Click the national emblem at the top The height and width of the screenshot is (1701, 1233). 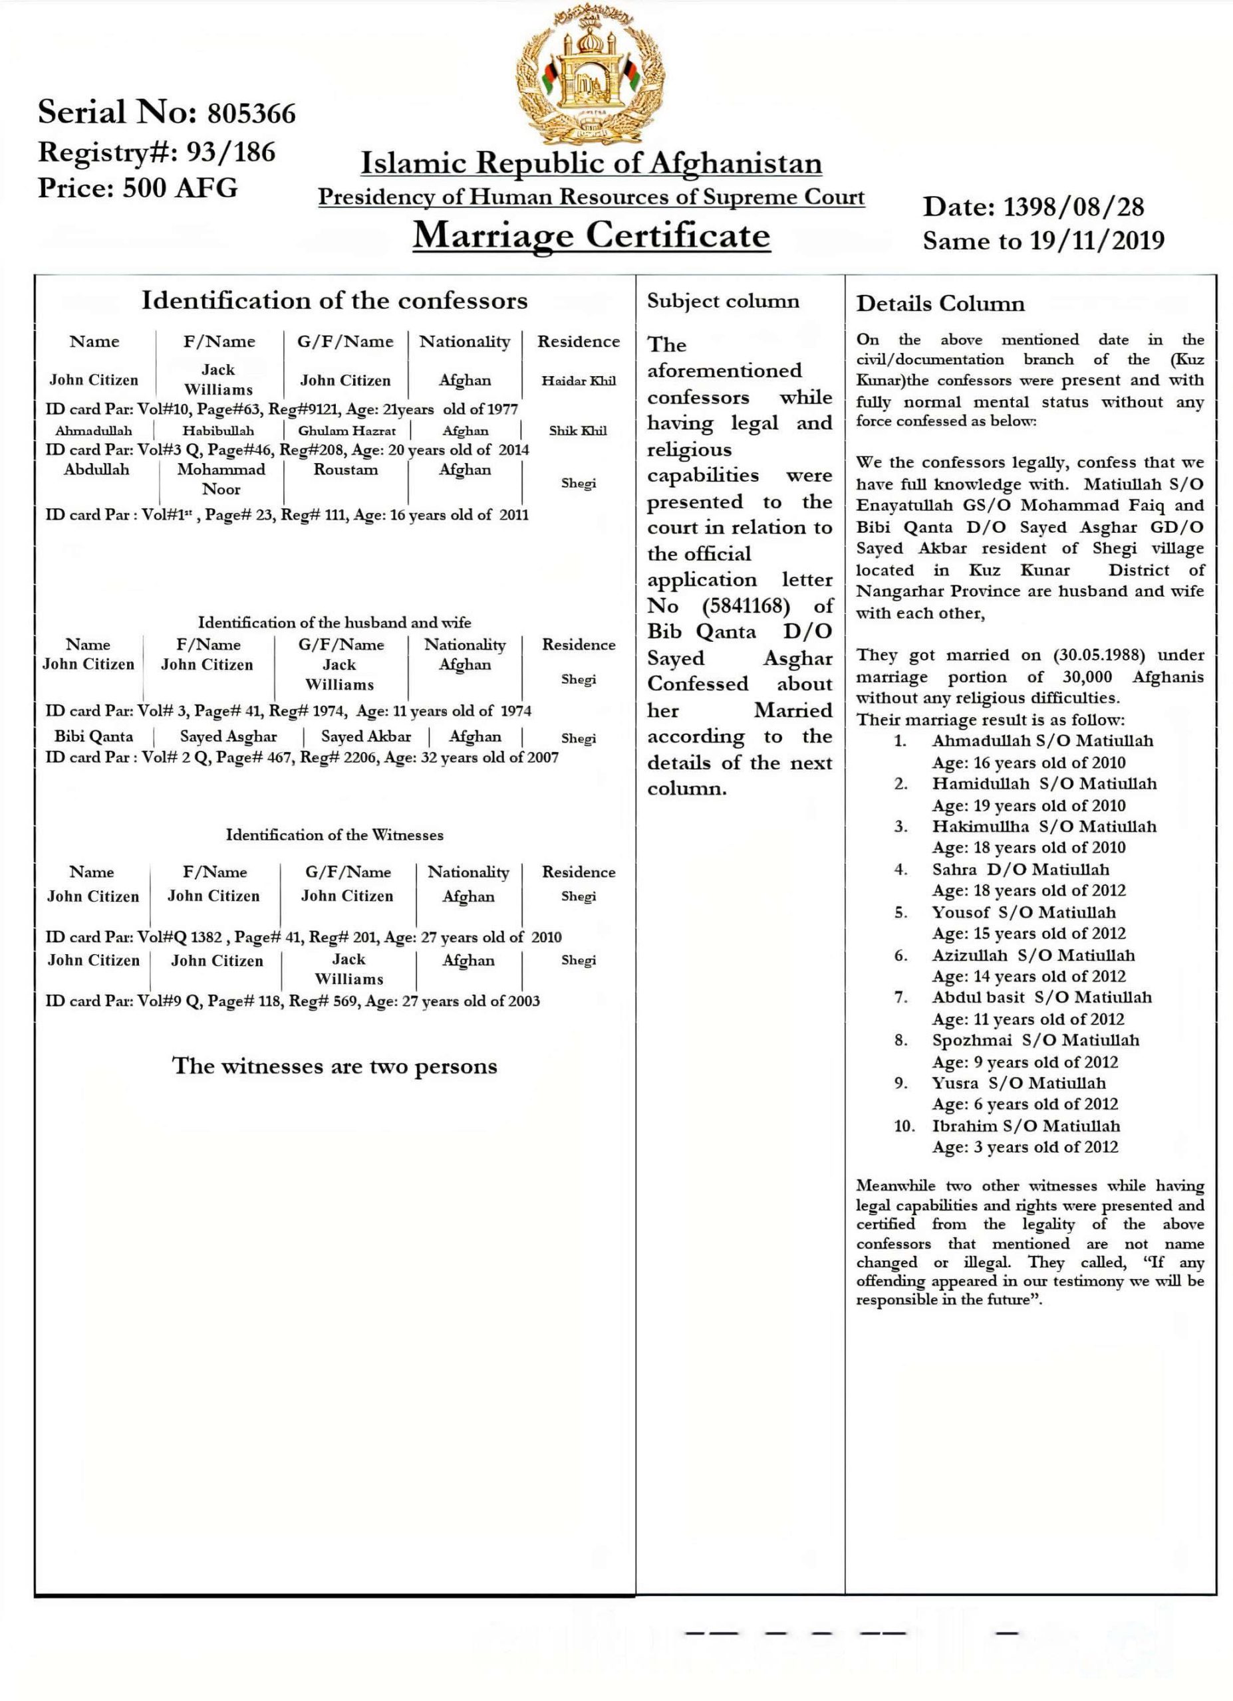(x=591, y=75)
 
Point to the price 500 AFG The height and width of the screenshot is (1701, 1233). (x=180, y=187)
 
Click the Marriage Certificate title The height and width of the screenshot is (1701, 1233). (x=591, y=235)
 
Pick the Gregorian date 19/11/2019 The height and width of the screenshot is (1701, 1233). (x=1097, y=241)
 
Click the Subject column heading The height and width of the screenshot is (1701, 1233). (x=723, y=301)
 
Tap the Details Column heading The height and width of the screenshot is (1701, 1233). (x=940, y=304)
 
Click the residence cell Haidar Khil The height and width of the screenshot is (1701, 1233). (x=579, y=380)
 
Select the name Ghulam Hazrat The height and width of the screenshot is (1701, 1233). (x=346, y=431)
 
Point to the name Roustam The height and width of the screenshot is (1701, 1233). (x=346, y=470)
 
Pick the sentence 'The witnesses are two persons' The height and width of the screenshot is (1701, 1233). (x=335, y=1066)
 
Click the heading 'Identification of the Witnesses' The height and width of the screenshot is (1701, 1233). (x=335, y=835)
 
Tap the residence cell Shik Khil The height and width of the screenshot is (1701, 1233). (x=578, y=431)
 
